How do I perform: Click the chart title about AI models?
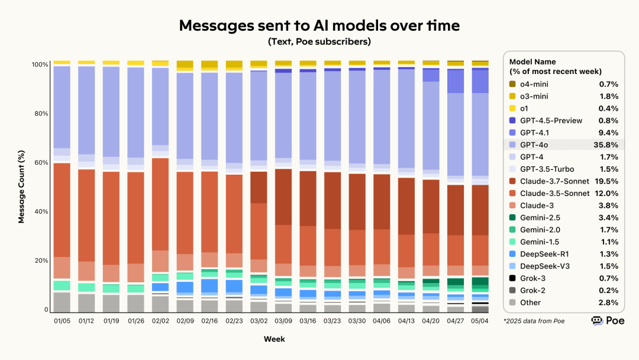319,25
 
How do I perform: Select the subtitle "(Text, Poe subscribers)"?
319,41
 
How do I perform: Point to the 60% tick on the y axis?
41,163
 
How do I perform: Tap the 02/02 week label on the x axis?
160,321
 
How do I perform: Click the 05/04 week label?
480,321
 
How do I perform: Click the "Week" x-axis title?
274,339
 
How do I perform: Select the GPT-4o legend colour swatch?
512,144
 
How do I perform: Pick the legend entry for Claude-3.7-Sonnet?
554,181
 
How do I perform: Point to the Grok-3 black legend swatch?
512,278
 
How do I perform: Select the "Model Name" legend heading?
532,62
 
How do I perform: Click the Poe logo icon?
596,321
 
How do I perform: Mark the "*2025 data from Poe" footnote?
533,321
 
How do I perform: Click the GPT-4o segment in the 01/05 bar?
62,107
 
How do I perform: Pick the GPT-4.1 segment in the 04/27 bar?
456,81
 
